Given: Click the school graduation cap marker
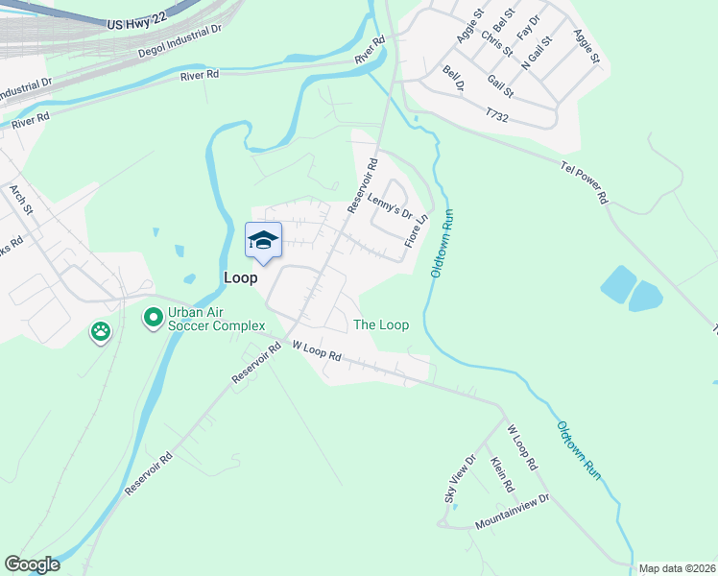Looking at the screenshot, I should [x=263, y=241].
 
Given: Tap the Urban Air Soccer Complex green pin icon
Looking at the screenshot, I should [x=153, y=317].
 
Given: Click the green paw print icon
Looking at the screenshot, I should [x=101, y=332].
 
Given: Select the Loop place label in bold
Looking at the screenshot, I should [x=240, y=277].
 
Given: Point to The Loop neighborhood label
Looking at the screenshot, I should [x=381, y=325].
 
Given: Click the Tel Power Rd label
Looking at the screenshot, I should [x=585, y=182].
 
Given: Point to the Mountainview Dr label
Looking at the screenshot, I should [x=512, y=526].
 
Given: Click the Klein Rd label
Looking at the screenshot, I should [x=501, y=475].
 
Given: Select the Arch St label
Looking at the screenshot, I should [x=21, y=201].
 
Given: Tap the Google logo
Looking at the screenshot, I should [x=32, y=564].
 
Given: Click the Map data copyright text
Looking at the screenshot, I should [x=677, y=568].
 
